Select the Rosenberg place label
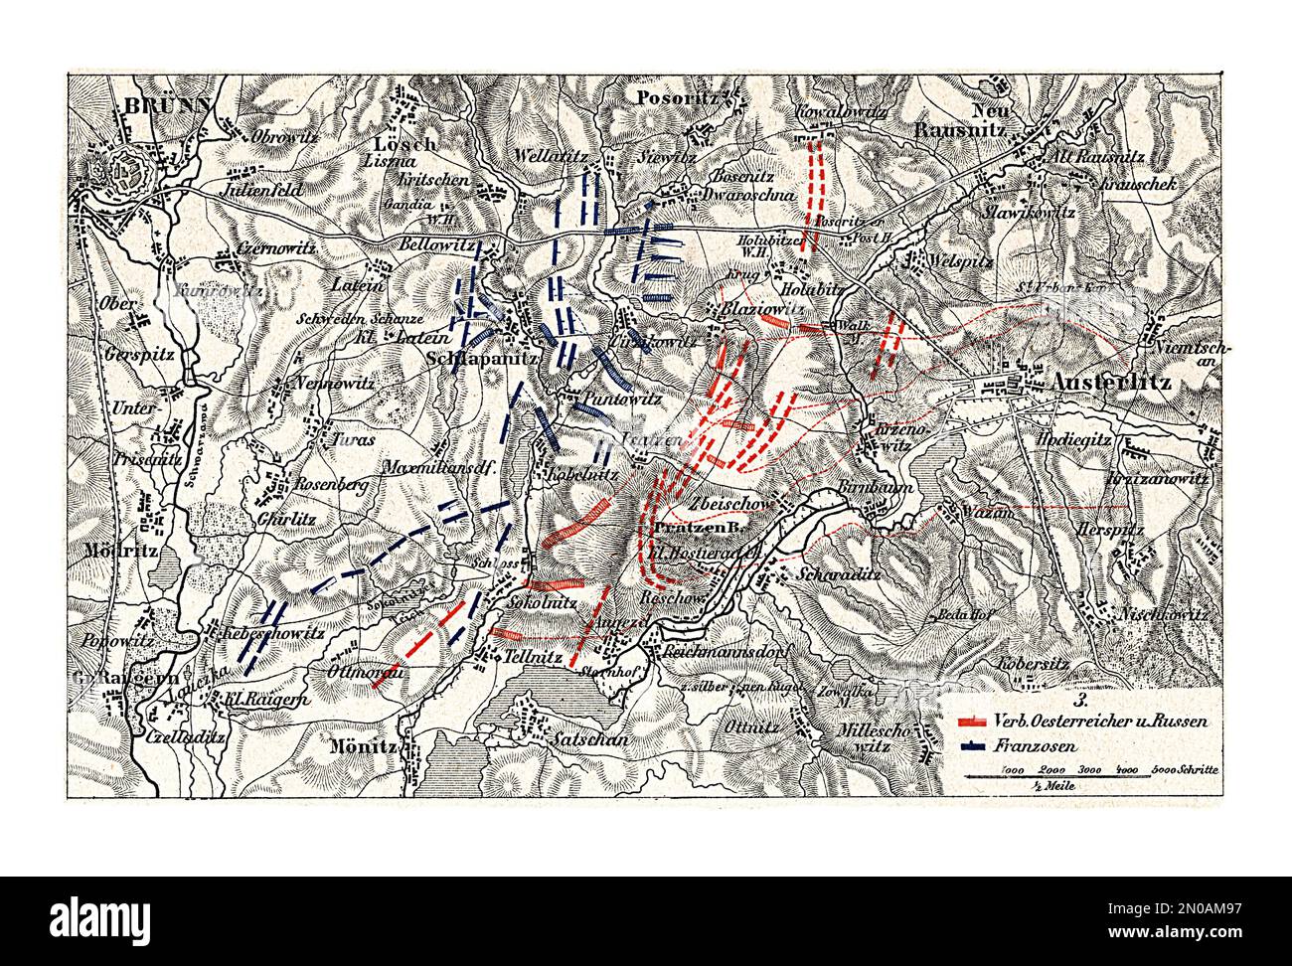pyautogui.click(x=333, y=485)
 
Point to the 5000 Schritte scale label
pyautogui.click(x=1187, y=769)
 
